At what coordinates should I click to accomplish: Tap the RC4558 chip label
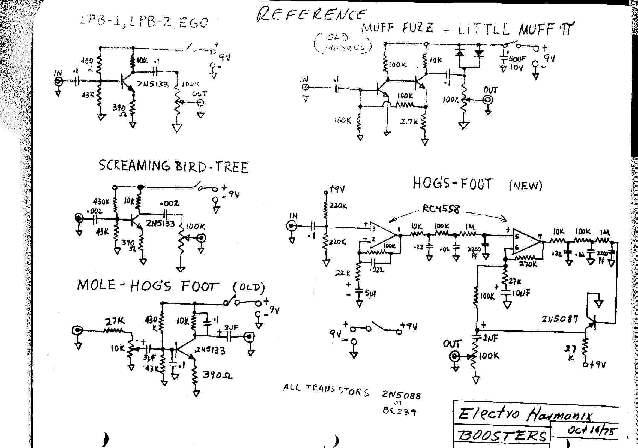(x=441, y=208)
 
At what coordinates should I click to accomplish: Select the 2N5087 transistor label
(x=560, y=319)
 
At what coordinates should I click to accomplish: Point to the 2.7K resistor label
(x=409, y=122)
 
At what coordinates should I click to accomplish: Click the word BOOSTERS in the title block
(x=502, y=435)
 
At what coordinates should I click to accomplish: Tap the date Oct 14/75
(x=591, y=430)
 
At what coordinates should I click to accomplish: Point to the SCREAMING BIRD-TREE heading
(x=173, y=166)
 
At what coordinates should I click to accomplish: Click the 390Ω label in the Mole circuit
(x=217, y=375)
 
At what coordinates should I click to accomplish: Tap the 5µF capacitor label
(x=371, y=294)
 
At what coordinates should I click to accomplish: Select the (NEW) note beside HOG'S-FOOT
(x=525, y=185)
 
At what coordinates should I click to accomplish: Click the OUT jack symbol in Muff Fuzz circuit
(x=488, y=100)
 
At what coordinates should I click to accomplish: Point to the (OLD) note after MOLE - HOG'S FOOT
(x=249, y=287)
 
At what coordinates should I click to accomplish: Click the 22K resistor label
(x=342, y=273)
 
